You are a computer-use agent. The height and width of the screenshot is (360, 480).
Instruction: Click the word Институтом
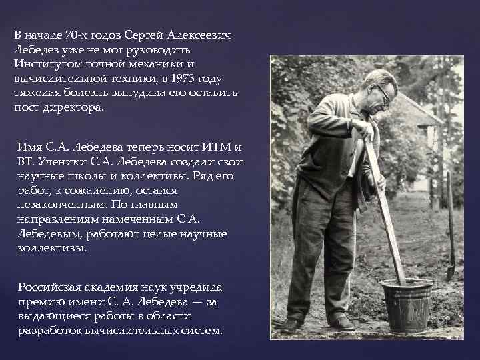[x=46, y=64]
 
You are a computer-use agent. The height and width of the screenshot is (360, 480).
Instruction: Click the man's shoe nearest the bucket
[x=343, y=323]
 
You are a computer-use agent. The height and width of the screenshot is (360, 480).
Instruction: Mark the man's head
[x=378, y=90]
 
